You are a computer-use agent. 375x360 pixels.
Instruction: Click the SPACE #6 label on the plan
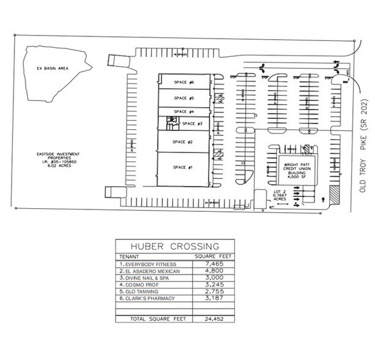[x=184, y=82]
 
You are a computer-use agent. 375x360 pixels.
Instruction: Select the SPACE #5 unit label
[x=184, y=98]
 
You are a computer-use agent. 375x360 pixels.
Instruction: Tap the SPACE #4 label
[x=184, y=111]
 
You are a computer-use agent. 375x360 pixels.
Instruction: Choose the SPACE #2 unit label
[x=183, y=142]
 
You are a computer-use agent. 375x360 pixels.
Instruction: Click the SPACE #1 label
[x=183, y=167]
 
